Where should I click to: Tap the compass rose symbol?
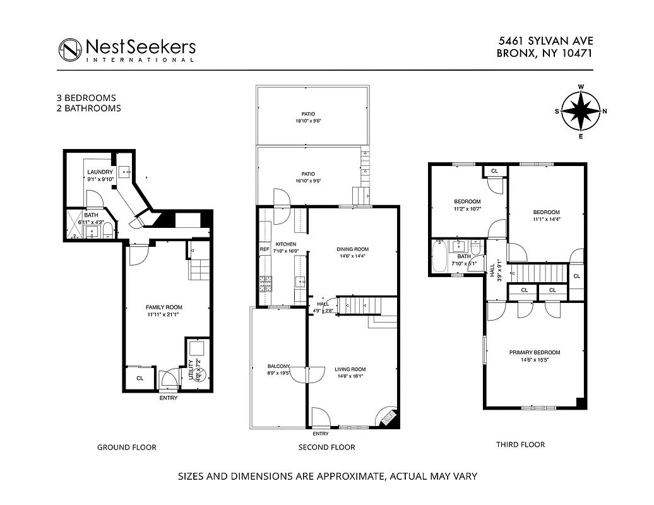point(581,111)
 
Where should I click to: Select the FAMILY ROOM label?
point(164,307)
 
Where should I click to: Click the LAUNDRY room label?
point(100,172)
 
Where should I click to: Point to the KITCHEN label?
point(285,244)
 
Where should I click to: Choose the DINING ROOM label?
point(352,249)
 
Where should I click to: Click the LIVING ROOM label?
point(350,369)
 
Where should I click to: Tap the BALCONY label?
point(278,366)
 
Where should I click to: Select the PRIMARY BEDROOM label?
point(535,352)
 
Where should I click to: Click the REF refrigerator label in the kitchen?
point(264,250)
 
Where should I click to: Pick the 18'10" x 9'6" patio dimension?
point(312,121)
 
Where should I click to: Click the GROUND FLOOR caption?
point(126,447)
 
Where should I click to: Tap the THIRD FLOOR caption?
point(520,444)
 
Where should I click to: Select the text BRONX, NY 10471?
point(544,54)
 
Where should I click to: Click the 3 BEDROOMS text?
point(86,98)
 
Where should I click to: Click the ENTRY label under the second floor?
point(320,434)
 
